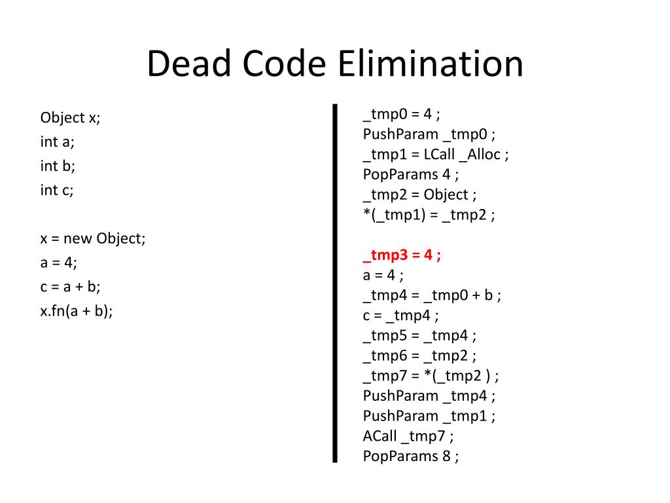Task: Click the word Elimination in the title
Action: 431,65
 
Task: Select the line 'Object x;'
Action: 71,118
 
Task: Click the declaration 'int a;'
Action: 57,142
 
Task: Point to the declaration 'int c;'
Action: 57,191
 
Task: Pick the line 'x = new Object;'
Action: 93,238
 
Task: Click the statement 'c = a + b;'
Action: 70,287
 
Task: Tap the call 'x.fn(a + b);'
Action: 77,311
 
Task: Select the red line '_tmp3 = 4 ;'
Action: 402,255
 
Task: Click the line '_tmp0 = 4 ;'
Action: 401,114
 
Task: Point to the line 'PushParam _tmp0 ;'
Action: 429,134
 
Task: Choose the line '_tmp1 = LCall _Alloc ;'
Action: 436,155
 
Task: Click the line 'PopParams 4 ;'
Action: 411,174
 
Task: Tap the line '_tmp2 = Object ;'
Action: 419,195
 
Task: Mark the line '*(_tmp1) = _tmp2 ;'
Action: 429,215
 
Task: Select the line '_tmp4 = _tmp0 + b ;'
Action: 432,295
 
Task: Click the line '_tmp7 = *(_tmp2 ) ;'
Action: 431,376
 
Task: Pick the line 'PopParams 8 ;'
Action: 411,456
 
